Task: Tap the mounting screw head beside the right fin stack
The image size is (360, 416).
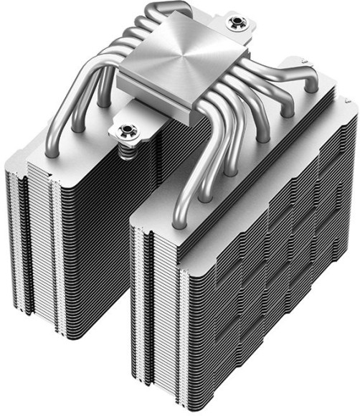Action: tap(233, 24)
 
